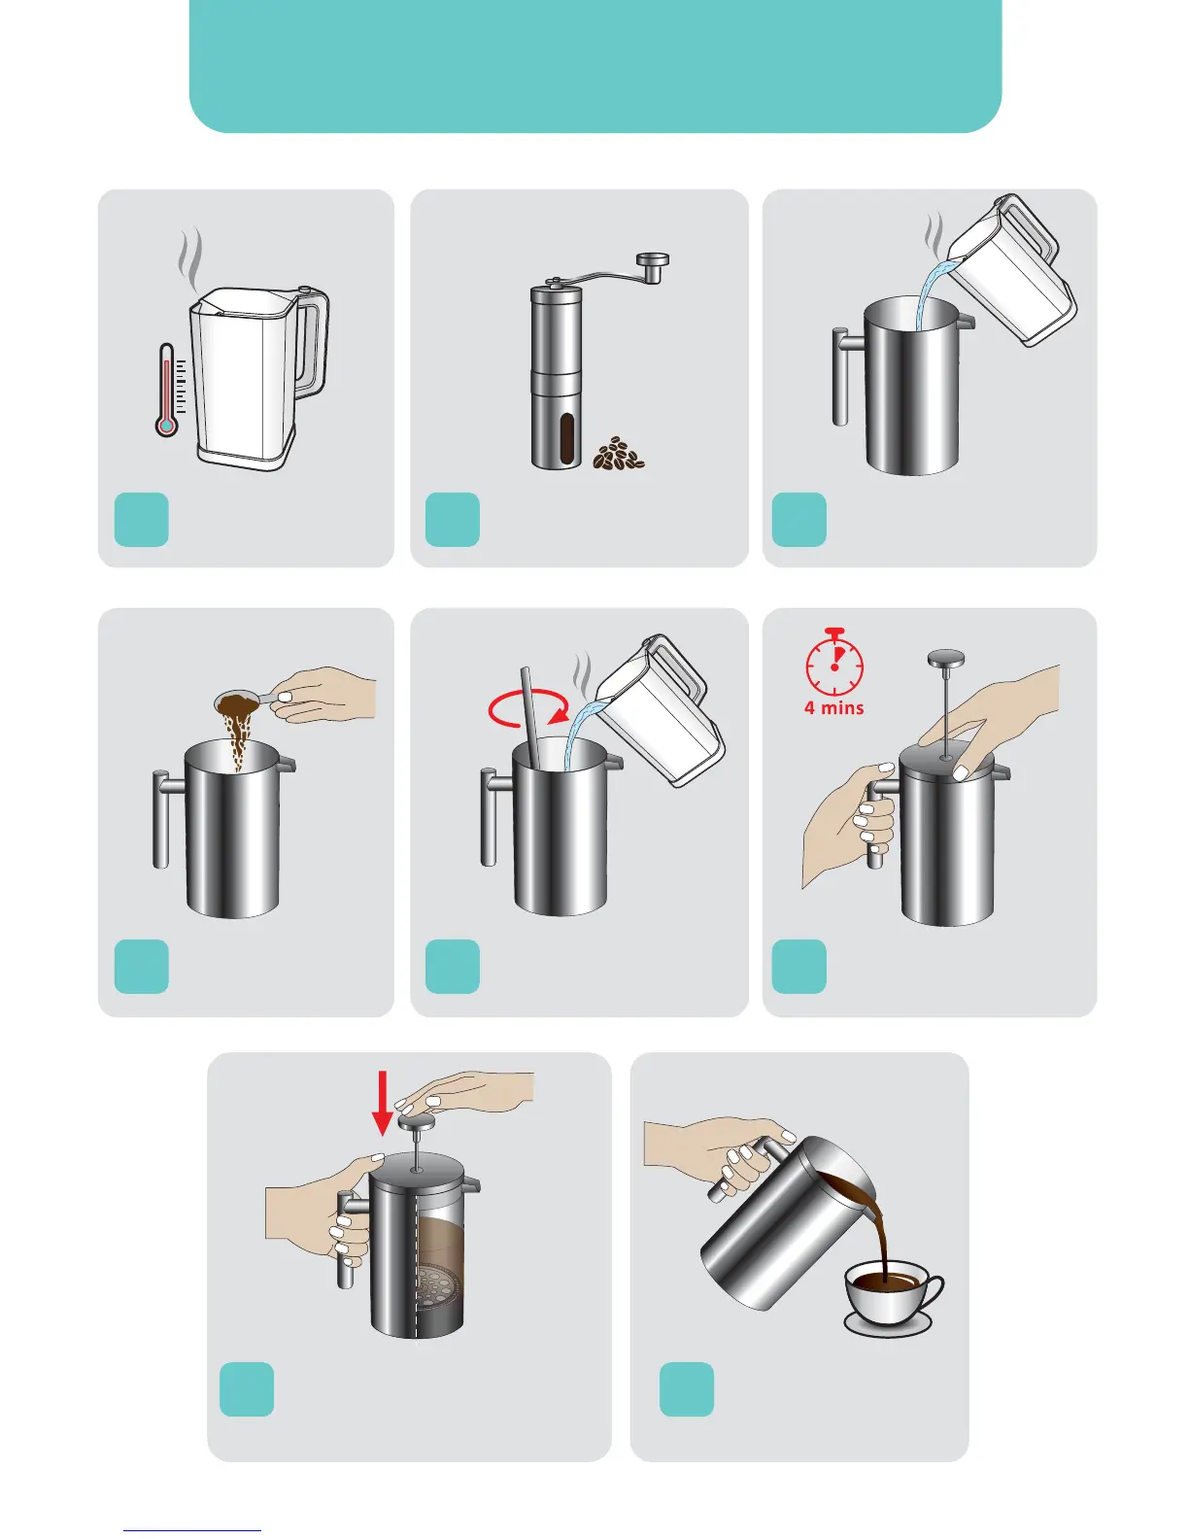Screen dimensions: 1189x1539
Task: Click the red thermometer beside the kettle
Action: pyautogui.click(x=166, y=390)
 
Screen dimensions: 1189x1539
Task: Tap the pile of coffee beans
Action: pyautogui.click(x=618, y=454)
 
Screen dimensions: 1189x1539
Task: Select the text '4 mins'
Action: pyautogui.click(x=833, y=707)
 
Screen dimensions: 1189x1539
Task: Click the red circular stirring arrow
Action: pyautogui.click(x=528, y=707)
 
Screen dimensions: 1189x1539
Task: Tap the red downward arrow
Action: pyautogui.click(x=383, y=1103)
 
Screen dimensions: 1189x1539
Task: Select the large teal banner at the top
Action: pyautogui.click(x=594, y=66)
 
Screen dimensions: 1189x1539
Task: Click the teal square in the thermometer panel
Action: pyautogui.click(x=142, y=519)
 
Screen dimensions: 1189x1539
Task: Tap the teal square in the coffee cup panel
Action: pyautogui.click(x=686, y=1388)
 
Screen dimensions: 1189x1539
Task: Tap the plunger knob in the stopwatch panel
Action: pyautogui.click(x=946, y=658)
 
